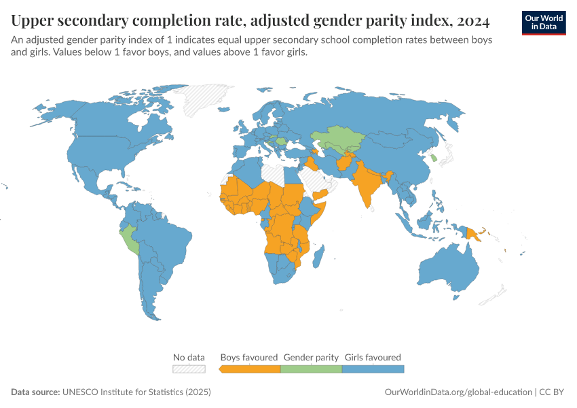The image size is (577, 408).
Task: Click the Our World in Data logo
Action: [x=544, y=22]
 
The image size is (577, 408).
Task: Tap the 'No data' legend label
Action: [x=189, y=357]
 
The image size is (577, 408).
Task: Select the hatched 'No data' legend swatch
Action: [x=189, y=369]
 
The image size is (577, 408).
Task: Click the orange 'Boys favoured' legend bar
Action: [x=250, y=369]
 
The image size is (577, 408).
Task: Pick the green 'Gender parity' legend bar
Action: [x=311, y=369]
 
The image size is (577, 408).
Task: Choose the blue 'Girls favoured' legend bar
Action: [x=373, y=369]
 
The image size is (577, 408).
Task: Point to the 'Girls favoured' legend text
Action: [x=373, y=357]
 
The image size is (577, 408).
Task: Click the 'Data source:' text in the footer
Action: [x=35, y=392]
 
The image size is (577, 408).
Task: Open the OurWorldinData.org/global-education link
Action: [x=458, y=392]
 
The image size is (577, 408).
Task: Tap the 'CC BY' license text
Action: [x=553, y=392]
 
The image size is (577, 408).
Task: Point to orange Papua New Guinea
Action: [x=473, y=233]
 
